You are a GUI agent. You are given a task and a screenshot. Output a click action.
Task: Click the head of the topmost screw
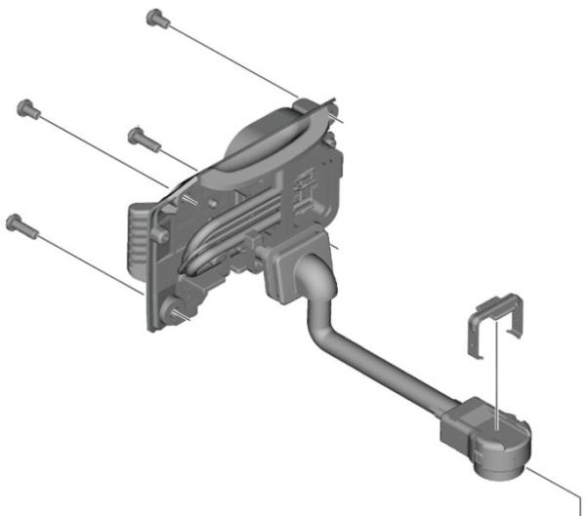pyautogui.click(x=153, y=17)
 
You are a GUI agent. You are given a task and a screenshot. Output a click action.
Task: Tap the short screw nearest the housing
pyautogui.click(x=138, y=135)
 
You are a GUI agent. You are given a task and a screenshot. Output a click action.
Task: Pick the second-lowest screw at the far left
pyautogui.click(x=26, y=106)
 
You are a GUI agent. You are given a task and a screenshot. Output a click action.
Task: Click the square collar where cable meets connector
pyautogui.click(x=462, y=422)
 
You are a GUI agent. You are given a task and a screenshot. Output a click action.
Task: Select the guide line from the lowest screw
pyautogui.click(x=88, y=258)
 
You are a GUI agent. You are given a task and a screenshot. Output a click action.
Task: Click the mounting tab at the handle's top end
pyautogui.click(x=306, y=102)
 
